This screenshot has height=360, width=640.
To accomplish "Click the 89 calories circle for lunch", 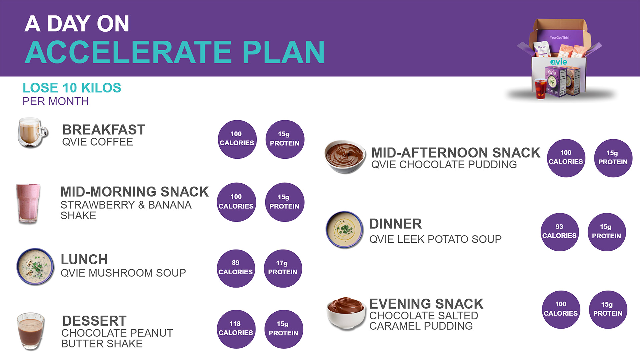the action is pos(236,268).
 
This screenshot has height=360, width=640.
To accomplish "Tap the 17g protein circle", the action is pos(283,268).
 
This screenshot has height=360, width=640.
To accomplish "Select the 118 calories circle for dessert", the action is pos(236,329).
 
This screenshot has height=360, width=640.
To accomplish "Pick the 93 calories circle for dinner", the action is pos(559,232).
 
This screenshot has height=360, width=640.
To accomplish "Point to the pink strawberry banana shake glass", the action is pos(28,203).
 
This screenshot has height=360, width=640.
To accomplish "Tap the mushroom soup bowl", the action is pos(35,267).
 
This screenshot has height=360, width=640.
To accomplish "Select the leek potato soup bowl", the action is pos(344,230).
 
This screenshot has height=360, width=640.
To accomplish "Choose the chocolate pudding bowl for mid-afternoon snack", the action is pos(345,157).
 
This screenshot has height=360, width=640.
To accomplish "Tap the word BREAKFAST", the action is pos(104,130).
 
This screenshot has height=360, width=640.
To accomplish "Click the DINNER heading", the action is pos(396,224).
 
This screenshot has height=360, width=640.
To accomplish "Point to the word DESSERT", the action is pos(94,321).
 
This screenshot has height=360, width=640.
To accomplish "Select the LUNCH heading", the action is pos(84,260).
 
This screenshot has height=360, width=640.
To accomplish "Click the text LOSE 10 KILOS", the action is pos(72,88).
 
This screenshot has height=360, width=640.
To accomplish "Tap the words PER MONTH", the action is pos(56,101).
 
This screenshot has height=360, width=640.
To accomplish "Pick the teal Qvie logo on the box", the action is pos(559,62).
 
